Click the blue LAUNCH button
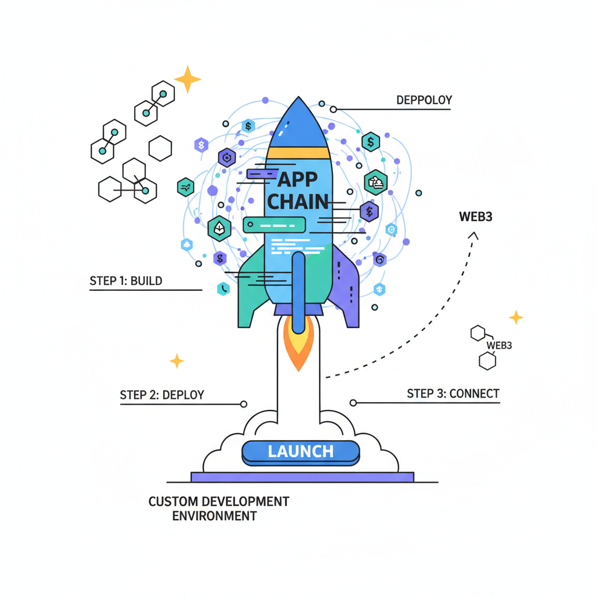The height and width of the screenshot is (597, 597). coord(300,451)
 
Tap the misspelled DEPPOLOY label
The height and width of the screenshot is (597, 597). coord(424,100)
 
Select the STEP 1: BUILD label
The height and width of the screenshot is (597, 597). coord(126,281)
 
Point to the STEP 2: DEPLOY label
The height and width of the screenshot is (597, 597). coord(162,395)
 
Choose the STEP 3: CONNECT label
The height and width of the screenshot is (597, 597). coord(453,394)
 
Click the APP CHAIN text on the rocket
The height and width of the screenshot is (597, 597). coord(298,190)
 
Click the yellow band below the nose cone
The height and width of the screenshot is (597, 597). coord(298,153)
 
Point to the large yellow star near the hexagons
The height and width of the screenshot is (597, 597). coord(188,79)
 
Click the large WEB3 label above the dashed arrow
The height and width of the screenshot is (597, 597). coord(476,217)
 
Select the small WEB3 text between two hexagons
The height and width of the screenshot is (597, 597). coord(499,346)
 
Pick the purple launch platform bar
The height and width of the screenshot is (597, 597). coord(302,477)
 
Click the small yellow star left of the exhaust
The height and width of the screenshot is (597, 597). coord(177,361)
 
